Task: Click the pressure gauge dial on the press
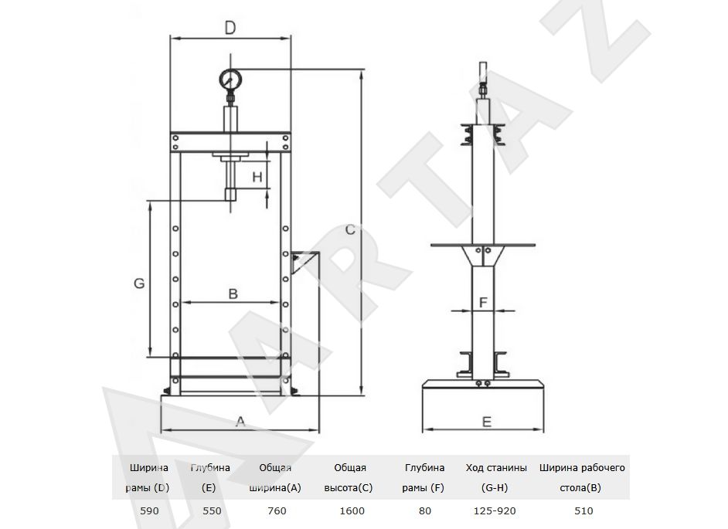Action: [230, 80]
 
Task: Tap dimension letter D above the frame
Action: [230, 28]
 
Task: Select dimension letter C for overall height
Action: [351, 229]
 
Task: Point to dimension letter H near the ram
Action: [257, 177]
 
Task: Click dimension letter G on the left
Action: [139, 283]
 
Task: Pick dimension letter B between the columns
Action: [233, 293]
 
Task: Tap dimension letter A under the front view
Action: [240, 422]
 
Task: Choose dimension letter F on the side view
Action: [483, 303]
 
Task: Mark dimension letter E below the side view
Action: [487, 422]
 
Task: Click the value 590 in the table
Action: [149, 511]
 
